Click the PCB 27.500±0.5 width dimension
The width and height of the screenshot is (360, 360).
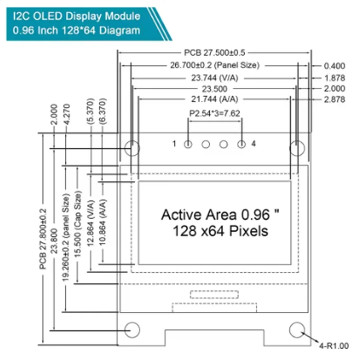click(x=215, y=53)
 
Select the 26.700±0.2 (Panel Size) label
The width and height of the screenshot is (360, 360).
click(x=215, y=65)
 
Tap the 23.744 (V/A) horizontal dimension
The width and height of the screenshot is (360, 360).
click(x=215, y=78)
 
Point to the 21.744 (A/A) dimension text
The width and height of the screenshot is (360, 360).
click(x=215, y=99)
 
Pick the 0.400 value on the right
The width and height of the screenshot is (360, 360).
click(x=334, y=65)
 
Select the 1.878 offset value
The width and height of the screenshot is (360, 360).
click(x=334, y=78)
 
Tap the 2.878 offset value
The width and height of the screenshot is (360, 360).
click(x=334, y=99)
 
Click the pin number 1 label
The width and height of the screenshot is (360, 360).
click(x=174, y=144)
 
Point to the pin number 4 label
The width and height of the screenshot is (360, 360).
click(x=254, y=144)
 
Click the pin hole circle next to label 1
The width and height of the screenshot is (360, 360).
click(x=188, y=144)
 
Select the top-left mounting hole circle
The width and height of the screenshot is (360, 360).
click(x=132, y=148)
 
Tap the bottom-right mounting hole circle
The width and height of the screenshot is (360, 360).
click(x=297, y=330)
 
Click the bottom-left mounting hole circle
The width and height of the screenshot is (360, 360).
click(x=132, y=330)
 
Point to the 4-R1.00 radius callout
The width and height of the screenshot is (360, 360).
click(x=333, y=346)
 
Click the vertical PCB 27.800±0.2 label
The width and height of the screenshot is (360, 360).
click(x=43, y=238)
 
